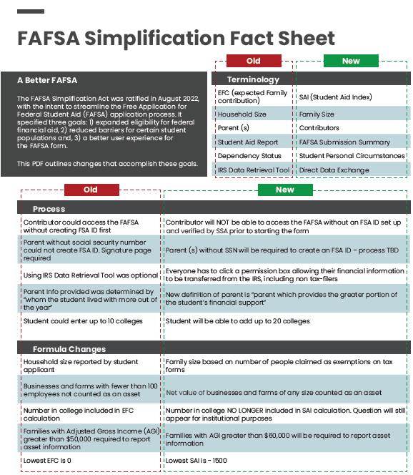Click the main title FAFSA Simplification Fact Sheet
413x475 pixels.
click(x=176, y=38)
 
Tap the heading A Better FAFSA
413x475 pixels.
click(x=47, y=80)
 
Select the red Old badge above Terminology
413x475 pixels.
click(x=253, y=61)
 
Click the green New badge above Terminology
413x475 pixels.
click(x=351, y=61)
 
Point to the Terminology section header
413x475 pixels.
click(x=253, y=79)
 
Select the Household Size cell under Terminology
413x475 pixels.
click(x=242, y=114)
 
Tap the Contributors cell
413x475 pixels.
click(x=320, y=128)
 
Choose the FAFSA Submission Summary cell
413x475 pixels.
click(x=344, y=142)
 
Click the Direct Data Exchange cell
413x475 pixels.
click(x=334, y=170)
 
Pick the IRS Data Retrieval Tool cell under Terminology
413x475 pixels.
click(x=253, y=170)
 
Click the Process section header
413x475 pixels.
click(x=49, y=209)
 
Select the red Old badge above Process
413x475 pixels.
click(x=91, y=190)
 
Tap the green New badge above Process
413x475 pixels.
click(x=284, y=190)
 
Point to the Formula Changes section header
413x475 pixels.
click(x=69, y=349)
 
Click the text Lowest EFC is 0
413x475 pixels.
click(x=49, y=461)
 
